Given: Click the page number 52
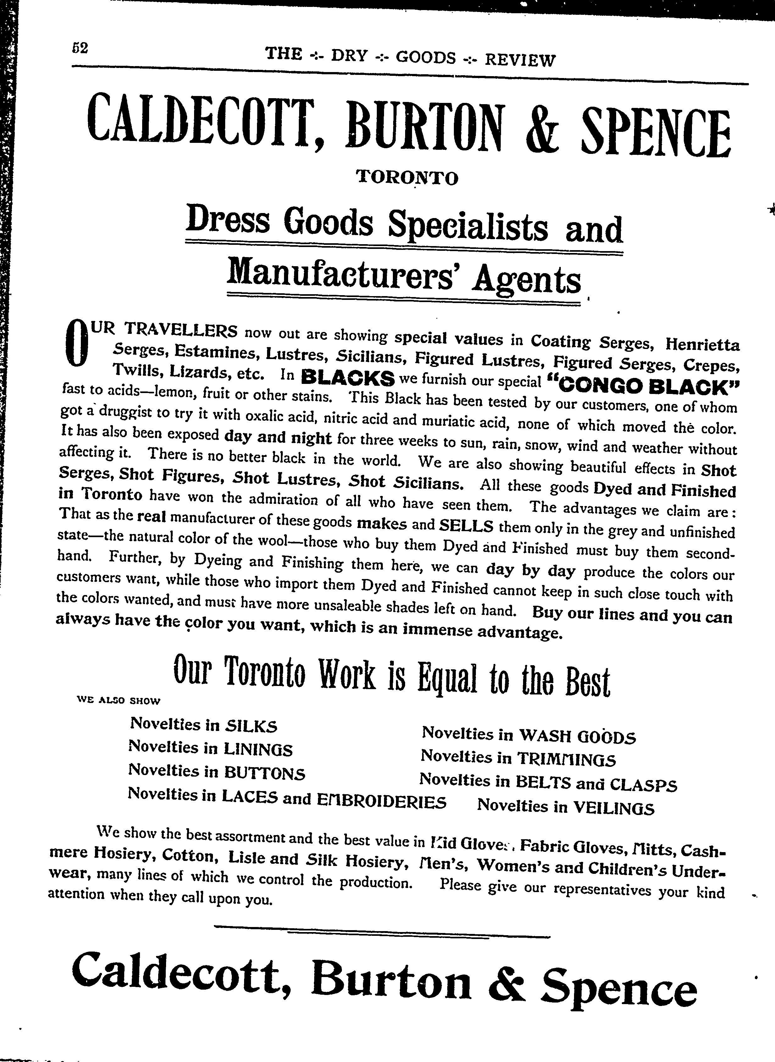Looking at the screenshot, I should point(80,48).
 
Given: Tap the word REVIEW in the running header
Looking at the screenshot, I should point(520,59).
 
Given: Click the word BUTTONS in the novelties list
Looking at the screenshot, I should point(264,773).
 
